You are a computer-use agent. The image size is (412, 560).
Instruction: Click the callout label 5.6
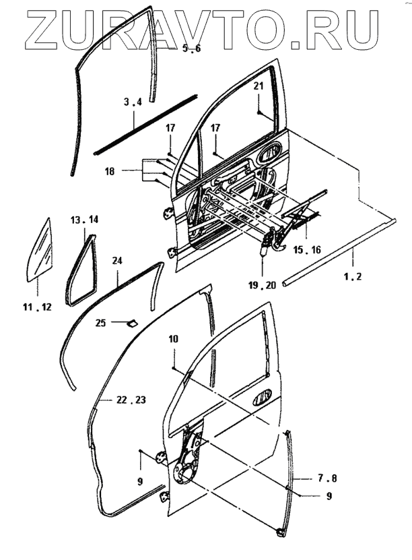point(192,50)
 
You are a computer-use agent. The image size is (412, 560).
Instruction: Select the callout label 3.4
point(133,102)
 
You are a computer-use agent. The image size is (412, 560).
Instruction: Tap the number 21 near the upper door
point(259,86)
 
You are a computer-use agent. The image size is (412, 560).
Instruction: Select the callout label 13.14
point(85,220)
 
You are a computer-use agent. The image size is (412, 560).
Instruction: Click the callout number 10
point(173,340)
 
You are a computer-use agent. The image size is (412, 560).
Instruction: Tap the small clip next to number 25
point(131,323)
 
